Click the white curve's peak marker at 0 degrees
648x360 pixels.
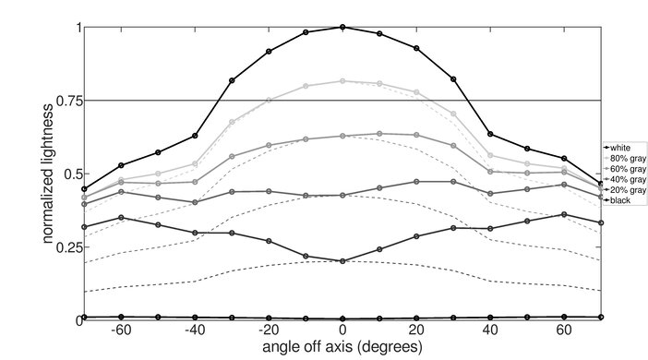coord(342,28)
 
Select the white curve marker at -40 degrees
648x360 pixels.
coord(195,136)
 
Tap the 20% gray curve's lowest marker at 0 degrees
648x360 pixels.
coord(342,261)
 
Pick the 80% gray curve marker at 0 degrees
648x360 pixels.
coord(342,81)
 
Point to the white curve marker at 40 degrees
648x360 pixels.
coord(490,134)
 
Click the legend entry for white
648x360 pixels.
coord(619,147)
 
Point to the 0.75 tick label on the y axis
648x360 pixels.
coord(67,101)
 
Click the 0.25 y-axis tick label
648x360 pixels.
coord(67,247)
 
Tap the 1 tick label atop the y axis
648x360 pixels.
coord(78,28)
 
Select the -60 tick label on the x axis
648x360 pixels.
coord(119,330)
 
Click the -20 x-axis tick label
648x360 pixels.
coord(267,330)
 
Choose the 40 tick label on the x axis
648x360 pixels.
coord(490,330)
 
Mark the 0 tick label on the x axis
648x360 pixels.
coord(342,330)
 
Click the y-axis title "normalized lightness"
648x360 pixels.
coord(46,174)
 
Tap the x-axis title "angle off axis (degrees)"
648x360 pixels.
coord(342,347)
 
